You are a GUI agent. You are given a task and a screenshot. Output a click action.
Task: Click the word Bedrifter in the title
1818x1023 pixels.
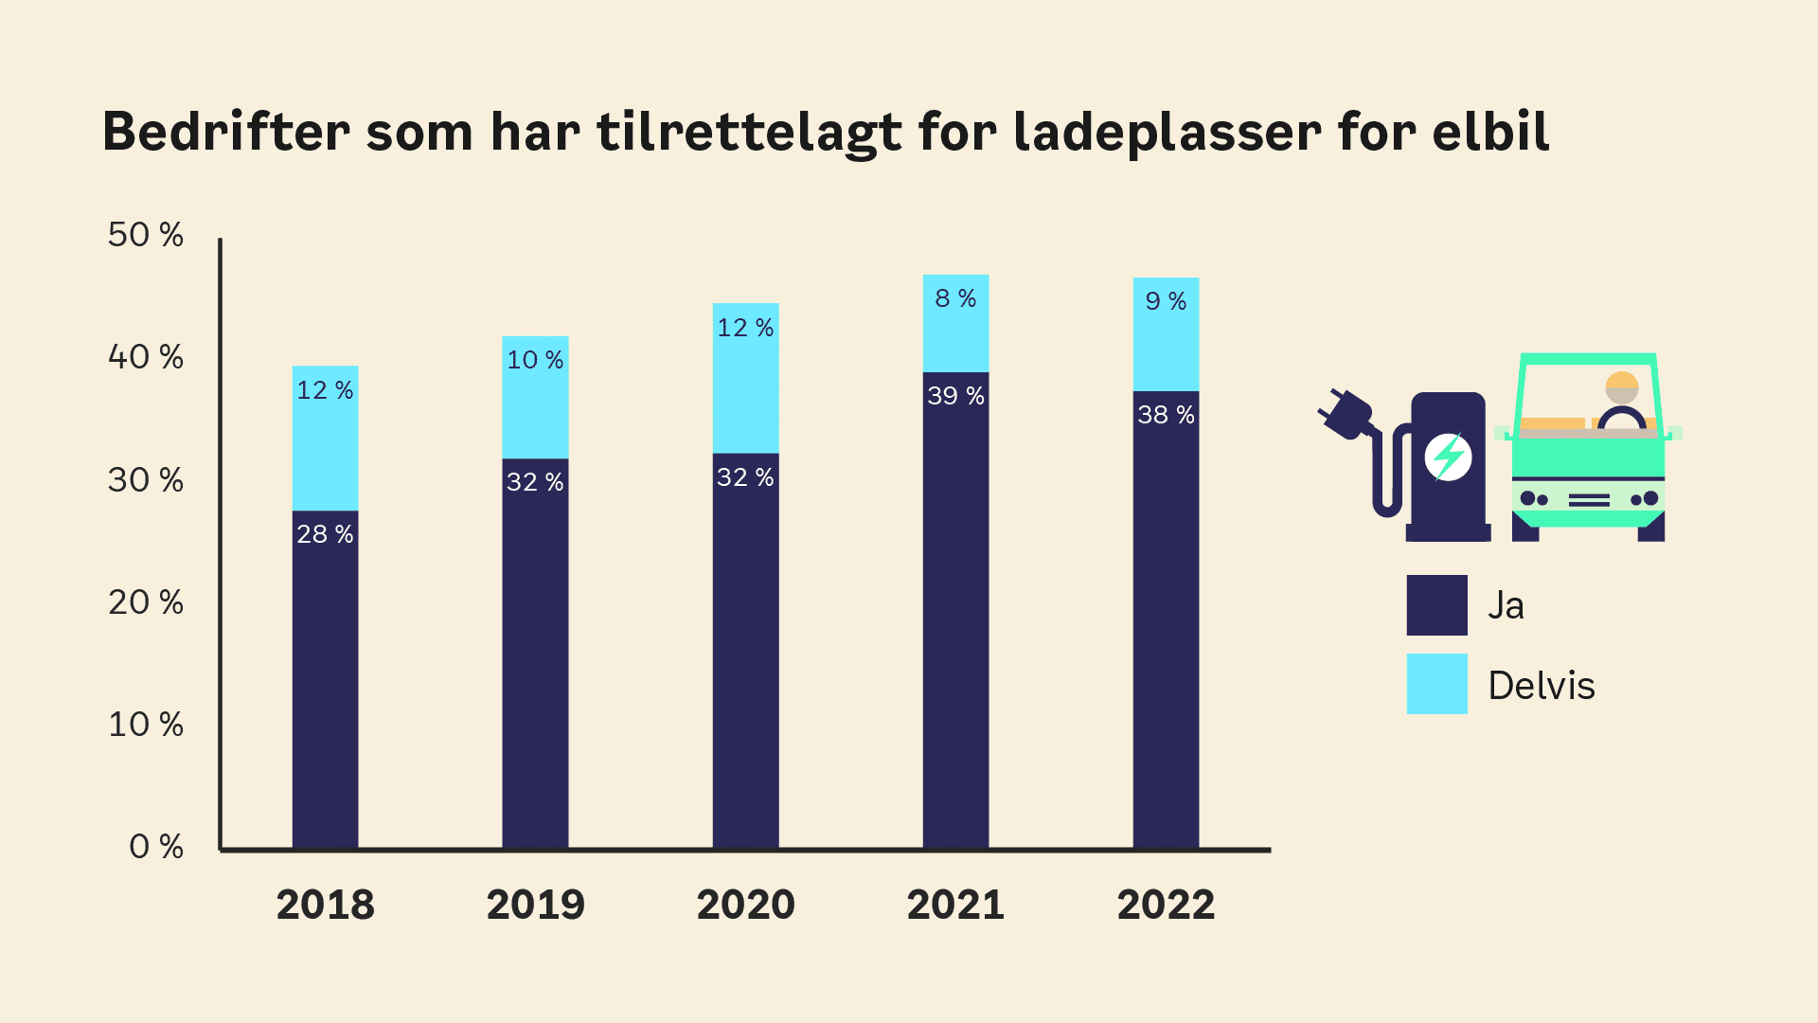click(x=225, y=132)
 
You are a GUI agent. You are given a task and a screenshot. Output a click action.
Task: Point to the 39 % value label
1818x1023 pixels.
click(x=955, y=396)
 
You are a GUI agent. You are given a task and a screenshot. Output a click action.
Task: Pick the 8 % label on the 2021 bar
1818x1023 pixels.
click(x=955, y=299)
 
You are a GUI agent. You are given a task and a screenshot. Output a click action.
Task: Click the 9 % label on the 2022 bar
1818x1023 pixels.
click(x=1166, y=302)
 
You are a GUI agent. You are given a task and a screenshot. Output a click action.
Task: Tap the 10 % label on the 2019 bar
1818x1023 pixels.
click(x=535, y=361)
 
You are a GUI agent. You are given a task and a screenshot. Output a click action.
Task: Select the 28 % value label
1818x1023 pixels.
click(x=325, y=534)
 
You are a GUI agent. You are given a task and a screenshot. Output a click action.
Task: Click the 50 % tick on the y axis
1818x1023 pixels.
click(x=146, y=235)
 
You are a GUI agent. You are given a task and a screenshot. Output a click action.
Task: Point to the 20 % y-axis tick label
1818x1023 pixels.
click(x=146, y=602)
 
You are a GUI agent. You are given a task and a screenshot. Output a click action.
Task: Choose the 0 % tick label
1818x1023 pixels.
click(x=156, y=847)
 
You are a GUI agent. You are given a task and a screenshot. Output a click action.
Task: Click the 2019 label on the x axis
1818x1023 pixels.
click(x=535, y=906)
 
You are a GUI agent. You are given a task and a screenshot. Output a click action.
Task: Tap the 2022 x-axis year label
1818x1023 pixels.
click(x=1166, y=906)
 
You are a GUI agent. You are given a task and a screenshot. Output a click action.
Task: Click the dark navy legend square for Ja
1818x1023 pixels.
click(x=1436, y=605)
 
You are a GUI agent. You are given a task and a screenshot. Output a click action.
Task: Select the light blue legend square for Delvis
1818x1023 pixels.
click(x=1436, y=684)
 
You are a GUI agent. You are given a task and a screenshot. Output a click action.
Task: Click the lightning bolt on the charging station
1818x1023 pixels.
click(x=1448, y=458)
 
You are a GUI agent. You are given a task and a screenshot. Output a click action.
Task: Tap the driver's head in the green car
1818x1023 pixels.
click(x=1622, y=387)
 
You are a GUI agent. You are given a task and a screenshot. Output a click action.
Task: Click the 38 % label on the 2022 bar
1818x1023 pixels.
click(x=1166, y=415)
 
